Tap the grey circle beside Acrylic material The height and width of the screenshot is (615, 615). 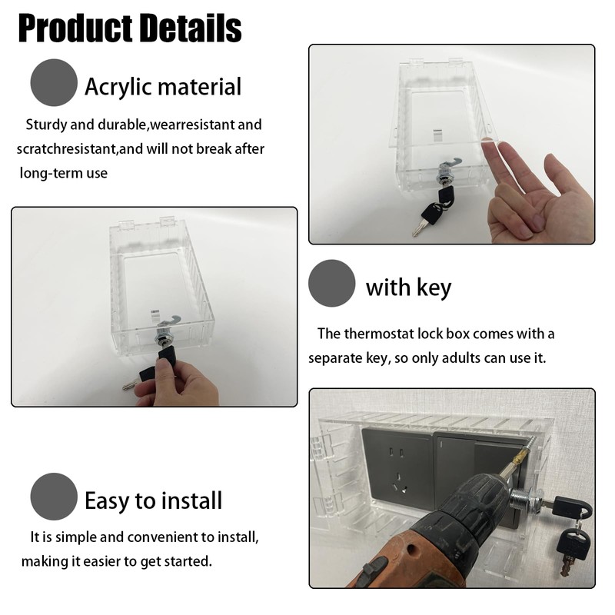(x=54, y=83)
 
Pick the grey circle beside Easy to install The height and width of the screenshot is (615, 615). (x=54, y=497)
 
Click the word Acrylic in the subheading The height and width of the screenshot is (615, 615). (x=116, y=86)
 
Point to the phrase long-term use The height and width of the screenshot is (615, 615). (x=65, y=173)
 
